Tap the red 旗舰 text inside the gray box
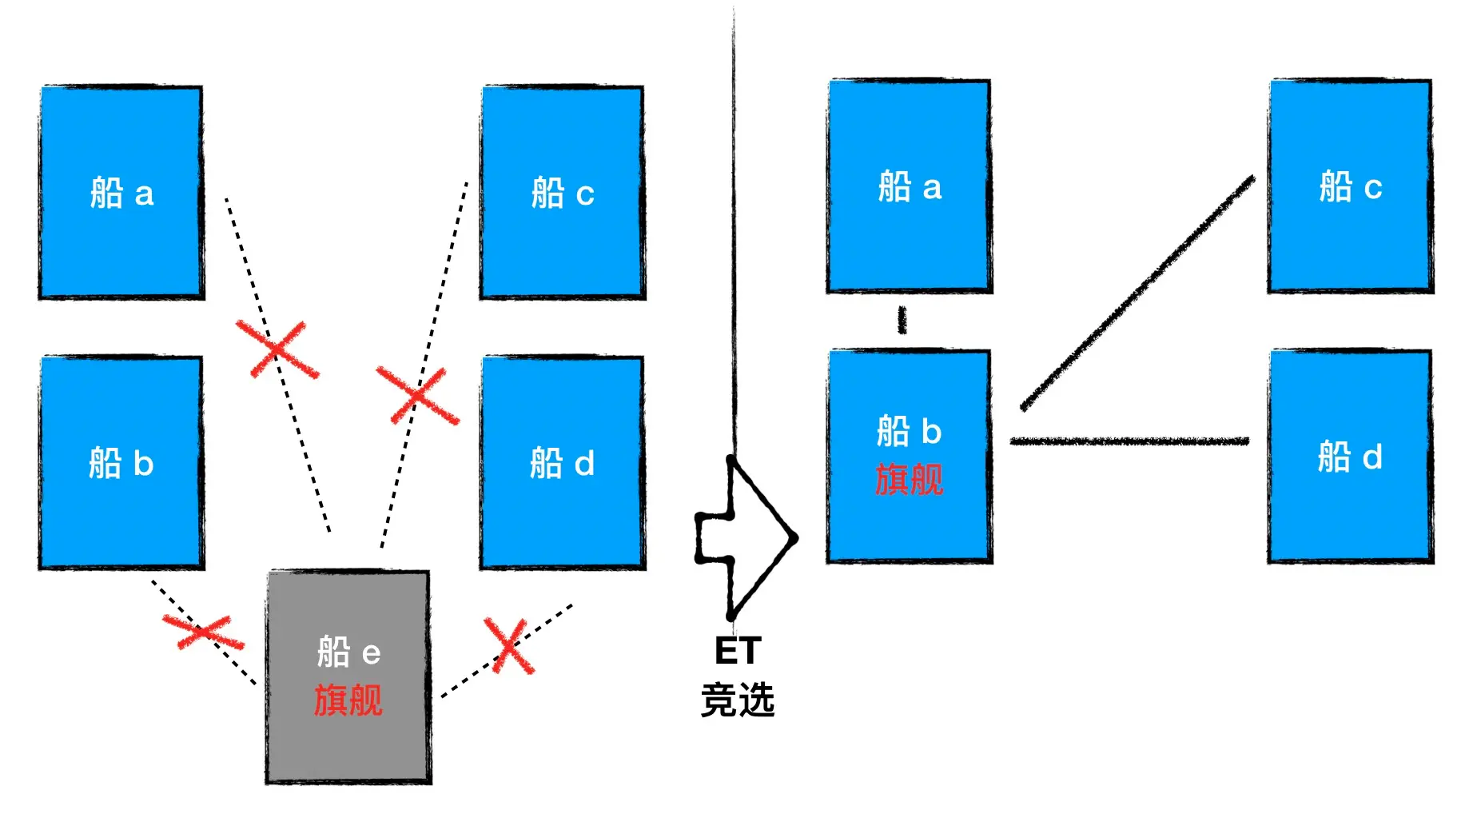348,700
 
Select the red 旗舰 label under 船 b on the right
909,480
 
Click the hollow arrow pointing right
747,538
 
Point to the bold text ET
737,651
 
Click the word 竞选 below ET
737,700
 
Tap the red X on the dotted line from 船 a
277,349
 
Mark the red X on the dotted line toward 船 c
416,395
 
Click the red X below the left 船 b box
203,632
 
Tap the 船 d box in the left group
563,512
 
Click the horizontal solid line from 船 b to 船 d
1129,441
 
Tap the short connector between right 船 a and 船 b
902,320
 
